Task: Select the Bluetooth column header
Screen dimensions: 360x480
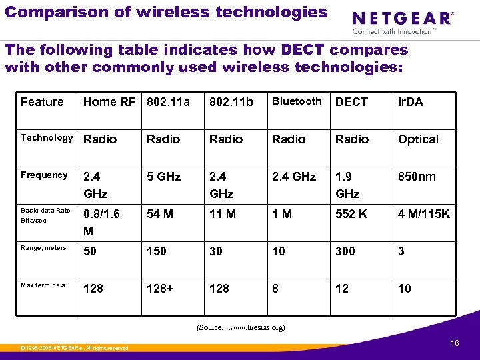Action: tap(297, 101)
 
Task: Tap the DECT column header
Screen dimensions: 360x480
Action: tap(351, 102)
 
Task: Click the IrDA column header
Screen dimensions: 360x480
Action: tap(410, 102)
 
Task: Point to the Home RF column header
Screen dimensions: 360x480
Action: tap(109, 102)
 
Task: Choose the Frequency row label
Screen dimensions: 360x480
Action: tap(44, 175)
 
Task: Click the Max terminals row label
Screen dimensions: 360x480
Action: tap(43, 285)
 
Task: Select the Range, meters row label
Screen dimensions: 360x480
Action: tap(43, 248)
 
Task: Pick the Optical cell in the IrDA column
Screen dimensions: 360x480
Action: tap(418, 139)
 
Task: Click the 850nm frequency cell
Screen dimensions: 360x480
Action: tap(417, 177)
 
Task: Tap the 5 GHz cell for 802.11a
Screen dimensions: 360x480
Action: tap(163, 177)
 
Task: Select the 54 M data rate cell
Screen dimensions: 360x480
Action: tap(160, 214)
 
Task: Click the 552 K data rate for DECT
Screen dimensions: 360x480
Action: tap(352, 214)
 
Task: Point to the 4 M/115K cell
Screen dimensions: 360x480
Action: tap(424, 214)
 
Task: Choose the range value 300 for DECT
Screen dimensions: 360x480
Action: tap(345, 251)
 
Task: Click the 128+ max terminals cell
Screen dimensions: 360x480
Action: tap(160, 289)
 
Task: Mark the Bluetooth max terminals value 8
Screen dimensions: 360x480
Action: tap(276, 289)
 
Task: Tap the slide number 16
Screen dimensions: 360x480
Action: tap(455, 343)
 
